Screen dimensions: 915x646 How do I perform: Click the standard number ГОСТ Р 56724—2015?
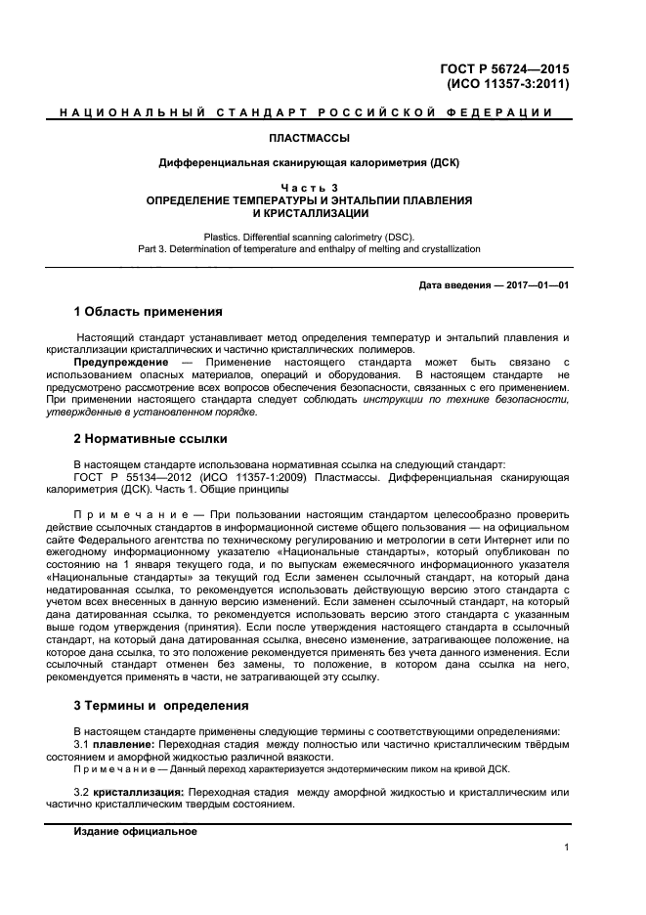click(506, 68)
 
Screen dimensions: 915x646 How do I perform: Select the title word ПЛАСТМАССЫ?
click(308, 138)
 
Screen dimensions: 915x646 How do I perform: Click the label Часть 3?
click(308, 187)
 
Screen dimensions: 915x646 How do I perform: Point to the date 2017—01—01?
click(535, 285)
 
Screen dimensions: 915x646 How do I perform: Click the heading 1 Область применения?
click(149, 313)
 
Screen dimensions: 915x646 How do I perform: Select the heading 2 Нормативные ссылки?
click(151, 439)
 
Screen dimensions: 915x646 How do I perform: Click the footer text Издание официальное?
click(136, 831)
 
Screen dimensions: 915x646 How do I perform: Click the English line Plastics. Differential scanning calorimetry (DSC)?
click(309, 237)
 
